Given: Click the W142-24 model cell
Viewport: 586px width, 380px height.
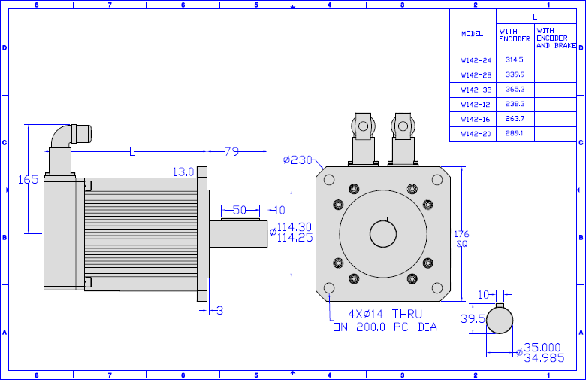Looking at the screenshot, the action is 476,60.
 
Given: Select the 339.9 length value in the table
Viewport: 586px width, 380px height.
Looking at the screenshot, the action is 515,74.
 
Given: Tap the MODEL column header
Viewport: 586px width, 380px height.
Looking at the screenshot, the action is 472,34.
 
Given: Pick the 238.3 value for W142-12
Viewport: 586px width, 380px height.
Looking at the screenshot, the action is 515,104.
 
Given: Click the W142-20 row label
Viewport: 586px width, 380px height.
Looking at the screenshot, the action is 476,134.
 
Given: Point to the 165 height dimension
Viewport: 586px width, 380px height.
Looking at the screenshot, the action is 29,179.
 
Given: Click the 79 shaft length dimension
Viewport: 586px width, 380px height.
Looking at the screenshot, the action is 231,151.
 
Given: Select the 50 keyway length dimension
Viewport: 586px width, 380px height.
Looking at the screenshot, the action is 240,210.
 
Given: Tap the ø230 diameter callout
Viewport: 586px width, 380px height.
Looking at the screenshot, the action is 298,160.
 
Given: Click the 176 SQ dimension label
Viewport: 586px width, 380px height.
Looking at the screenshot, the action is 461,239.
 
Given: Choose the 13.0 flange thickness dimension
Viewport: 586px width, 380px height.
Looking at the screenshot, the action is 183,172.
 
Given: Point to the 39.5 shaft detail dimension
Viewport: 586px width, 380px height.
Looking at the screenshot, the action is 473,318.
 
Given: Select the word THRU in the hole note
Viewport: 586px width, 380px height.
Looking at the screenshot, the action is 407,314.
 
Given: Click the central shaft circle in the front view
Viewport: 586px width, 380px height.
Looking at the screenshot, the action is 383,233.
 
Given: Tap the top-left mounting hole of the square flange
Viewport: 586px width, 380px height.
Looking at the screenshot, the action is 329,180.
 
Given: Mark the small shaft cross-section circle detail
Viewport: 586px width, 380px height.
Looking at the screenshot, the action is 500,320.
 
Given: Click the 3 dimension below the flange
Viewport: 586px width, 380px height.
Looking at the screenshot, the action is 219,310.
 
